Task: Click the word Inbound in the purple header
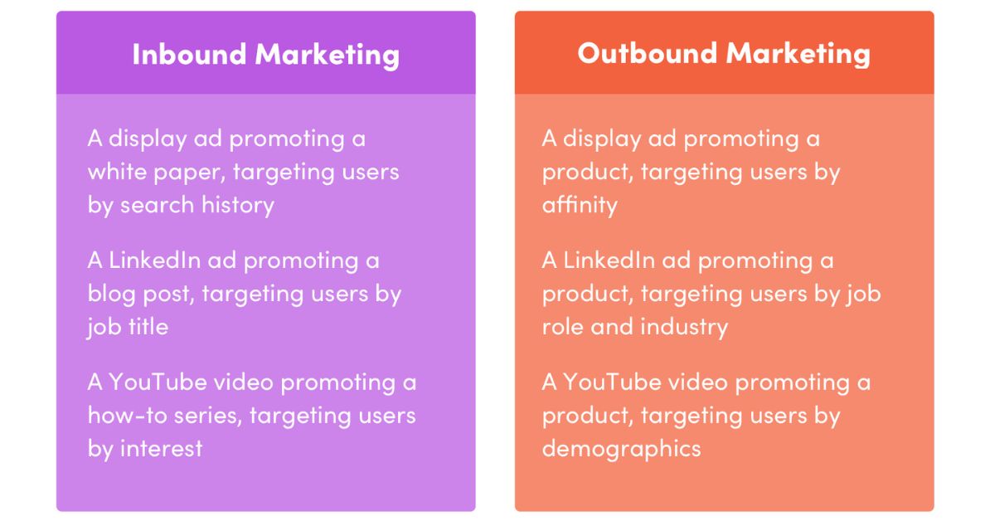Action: [189, 54]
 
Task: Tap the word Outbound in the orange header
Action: [648, 53]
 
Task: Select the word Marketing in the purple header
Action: [328, 56]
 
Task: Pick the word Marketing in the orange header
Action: [798, 55]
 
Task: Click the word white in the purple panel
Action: [117, 172]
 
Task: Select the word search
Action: [158, 205]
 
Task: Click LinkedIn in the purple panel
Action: [154, 260]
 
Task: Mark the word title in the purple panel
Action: [148, 326]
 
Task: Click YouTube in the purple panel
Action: [158, 382]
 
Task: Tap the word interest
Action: [161, 448]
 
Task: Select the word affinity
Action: [580, 206]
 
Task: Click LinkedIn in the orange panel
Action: [609, 260]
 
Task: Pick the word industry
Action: [684, 328]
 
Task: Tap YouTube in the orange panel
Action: [612, 382]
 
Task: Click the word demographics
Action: [621, 450]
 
